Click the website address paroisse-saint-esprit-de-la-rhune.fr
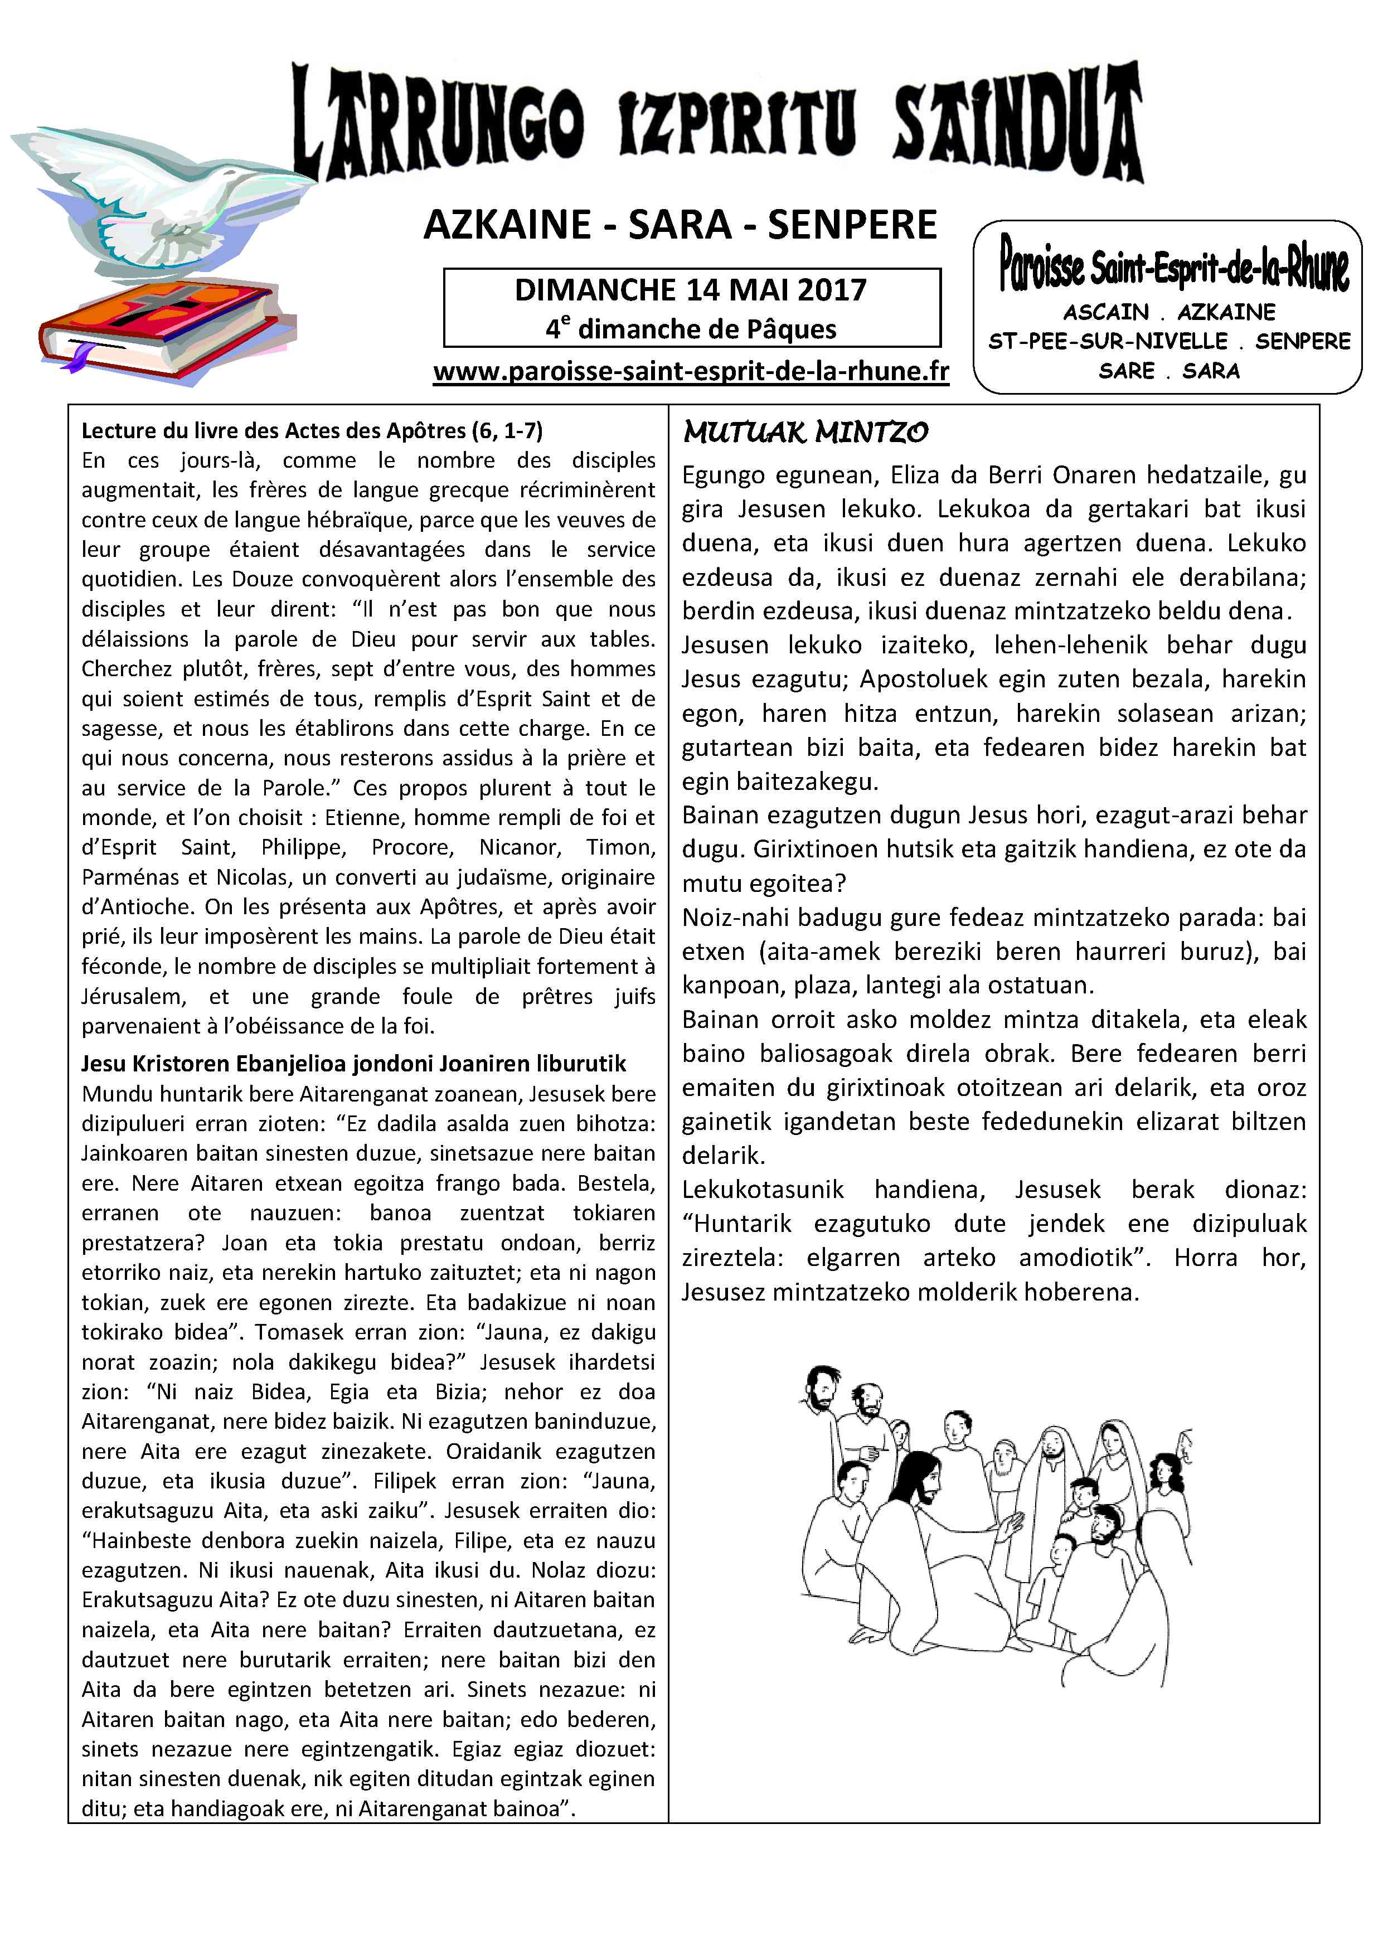691,372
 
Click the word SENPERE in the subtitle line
852,225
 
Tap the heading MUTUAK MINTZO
805,433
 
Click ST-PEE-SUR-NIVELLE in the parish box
1107,342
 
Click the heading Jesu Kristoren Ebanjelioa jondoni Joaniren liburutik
353,1064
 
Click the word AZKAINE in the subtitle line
507,225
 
